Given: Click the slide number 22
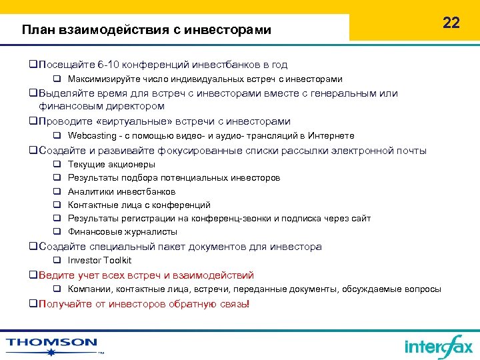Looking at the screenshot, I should coord(451,23).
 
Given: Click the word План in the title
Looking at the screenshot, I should coord(39,29).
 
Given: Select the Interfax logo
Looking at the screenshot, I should coord(438,346).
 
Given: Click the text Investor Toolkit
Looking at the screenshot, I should coord(100,261).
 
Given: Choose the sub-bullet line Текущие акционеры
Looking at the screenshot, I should coord(111,164).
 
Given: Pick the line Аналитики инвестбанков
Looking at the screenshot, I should coord(121,191).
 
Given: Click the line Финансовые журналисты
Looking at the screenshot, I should coord(123,232).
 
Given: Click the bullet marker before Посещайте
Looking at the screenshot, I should coord(33,65).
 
